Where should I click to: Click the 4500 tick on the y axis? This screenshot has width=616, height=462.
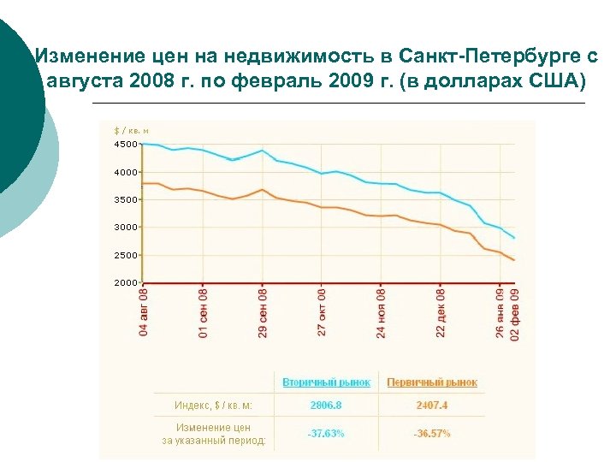coord(125,144)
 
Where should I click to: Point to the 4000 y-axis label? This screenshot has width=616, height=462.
coord(125,172)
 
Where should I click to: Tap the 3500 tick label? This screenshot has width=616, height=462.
coord(125,199)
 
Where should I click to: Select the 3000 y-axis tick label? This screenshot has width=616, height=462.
coord(125,227)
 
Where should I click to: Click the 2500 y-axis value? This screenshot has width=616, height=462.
coord(125,255)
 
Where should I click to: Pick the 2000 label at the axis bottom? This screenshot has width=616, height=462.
coord(125,282)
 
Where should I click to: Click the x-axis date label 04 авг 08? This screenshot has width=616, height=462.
coord(144,311)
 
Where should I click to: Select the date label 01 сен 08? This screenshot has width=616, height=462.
coord(203,311)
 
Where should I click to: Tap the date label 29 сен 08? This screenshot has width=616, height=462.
coord(263,311)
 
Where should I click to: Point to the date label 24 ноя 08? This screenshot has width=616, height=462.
coord(382,311)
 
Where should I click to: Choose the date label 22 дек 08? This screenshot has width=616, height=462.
coord(441,311)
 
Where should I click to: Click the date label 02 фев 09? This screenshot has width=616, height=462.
coord(515,311)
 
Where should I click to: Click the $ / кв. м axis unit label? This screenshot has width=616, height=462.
coord(132,131)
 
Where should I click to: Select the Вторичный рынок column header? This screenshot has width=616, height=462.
coord(327,382)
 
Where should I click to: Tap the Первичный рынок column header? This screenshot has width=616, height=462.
coord(432,382)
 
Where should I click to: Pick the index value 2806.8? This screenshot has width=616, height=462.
coord(326,405)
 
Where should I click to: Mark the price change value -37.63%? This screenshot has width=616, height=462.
coord(326,434)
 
